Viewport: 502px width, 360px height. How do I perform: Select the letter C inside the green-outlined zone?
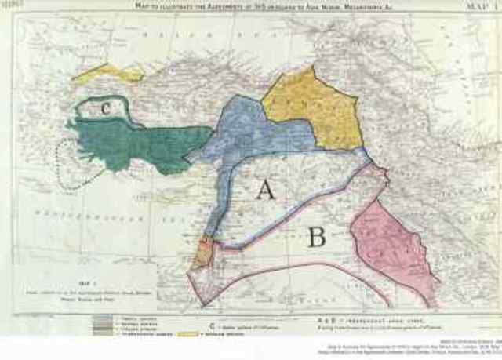coord(105,109)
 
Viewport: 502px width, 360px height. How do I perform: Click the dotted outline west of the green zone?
coord(59,157)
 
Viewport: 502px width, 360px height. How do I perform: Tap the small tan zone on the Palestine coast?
coord(201,253)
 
